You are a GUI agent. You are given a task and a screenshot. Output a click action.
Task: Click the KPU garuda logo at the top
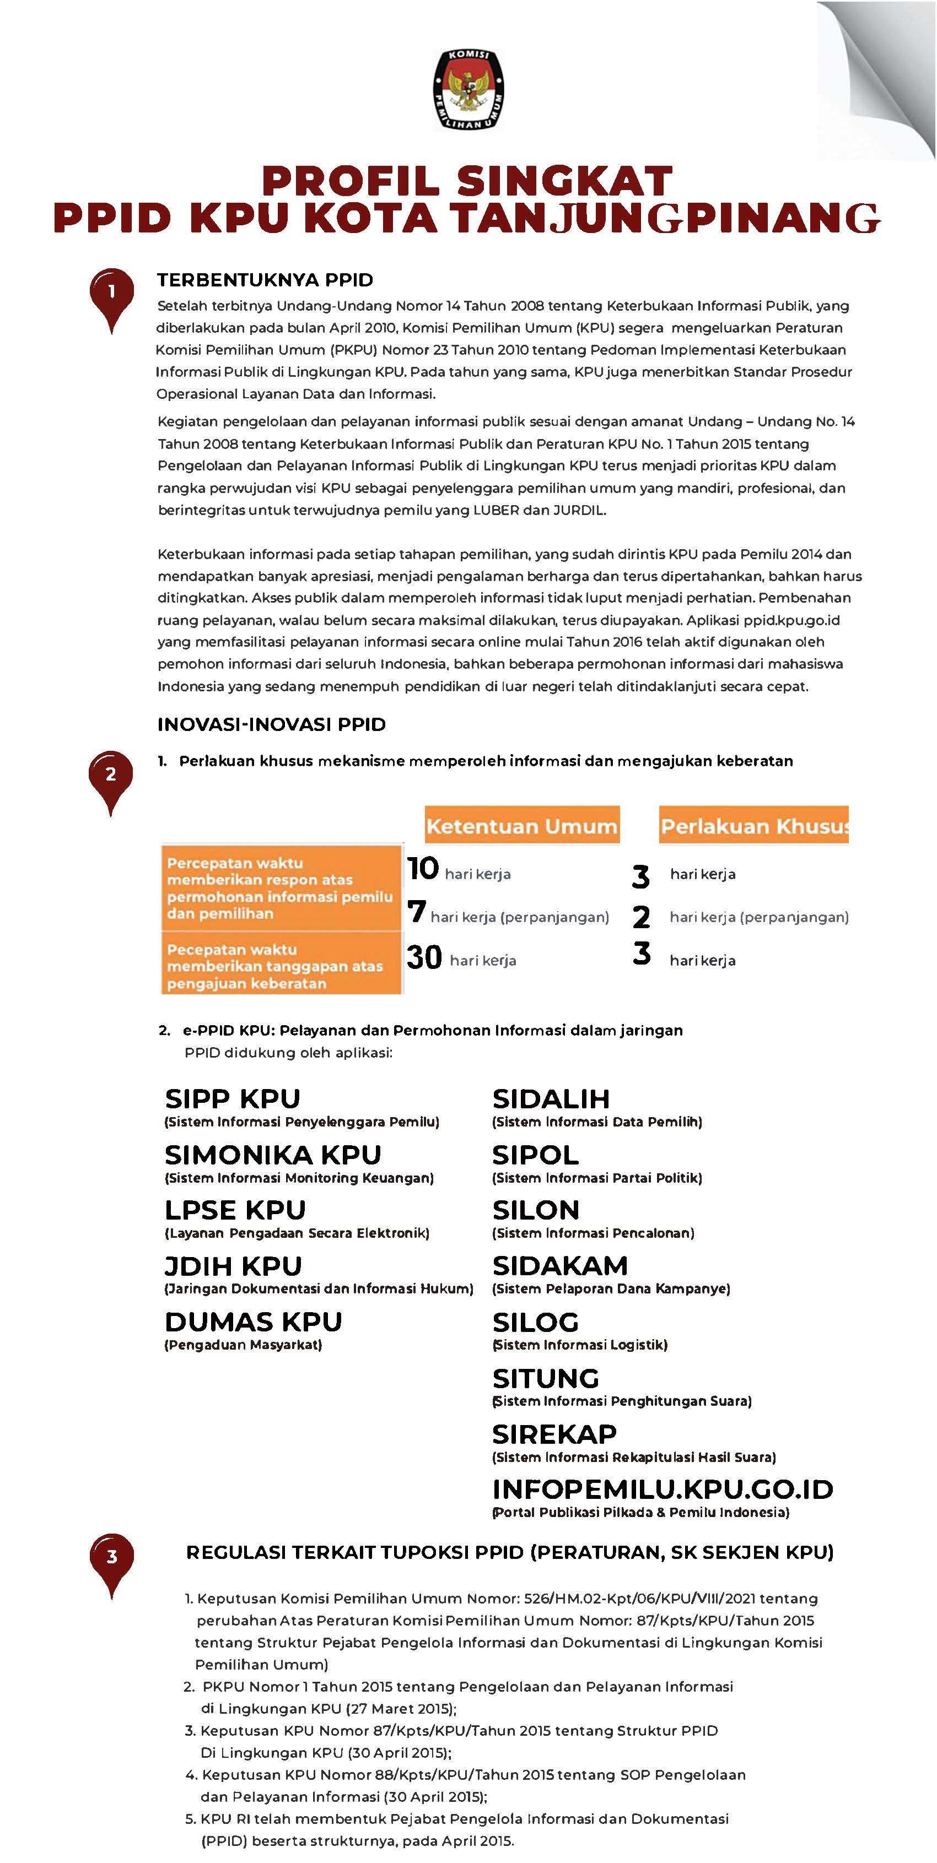(x=468, y=90)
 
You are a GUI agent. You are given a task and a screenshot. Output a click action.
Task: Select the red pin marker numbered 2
(x=111, y=776)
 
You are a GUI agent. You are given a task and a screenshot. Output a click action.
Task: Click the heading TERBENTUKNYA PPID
(x=265, y=280)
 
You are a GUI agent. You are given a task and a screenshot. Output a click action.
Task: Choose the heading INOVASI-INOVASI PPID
(x=271, y=724)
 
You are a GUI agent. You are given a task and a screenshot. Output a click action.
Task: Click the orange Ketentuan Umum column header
(x=521, y=825)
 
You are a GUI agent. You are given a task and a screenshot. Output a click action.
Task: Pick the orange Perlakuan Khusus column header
(x=753, y=825)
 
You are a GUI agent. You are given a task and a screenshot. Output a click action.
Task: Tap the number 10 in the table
(x=423, y=869)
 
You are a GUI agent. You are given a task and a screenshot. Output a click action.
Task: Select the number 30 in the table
(x=424, y=957)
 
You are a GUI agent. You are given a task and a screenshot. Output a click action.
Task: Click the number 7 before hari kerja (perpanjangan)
(x=416, y=912)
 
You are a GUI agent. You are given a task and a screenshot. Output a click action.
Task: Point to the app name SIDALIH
(x=551, y=1100)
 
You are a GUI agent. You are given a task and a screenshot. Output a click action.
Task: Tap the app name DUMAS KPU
(x=253, y=1322)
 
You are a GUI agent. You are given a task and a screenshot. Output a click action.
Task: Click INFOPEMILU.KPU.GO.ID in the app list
(x=663, y=1489)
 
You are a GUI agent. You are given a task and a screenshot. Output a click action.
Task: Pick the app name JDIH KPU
(x=233, y=1266)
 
